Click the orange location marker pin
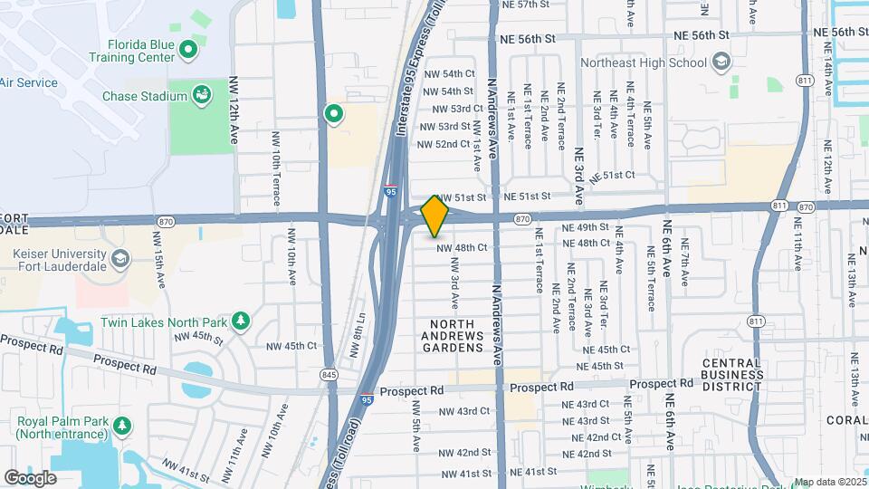pyautogui.click(x=435, y=216)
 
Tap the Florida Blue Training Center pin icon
pyautogui.click(x=188, y=50)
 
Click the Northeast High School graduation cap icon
pyautogui.click(x=721, y=62)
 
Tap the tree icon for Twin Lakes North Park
pyautogui.click(x=241, y=321)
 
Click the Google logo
pyautogui.click(x=30, y=478)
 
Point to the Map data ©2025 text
pyautogui.click(x=830, y=483)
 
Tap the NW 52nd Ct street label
pyautogui.click(x=444, y=144)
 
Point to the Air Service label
pyautogui.click(x=29, y=82)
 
